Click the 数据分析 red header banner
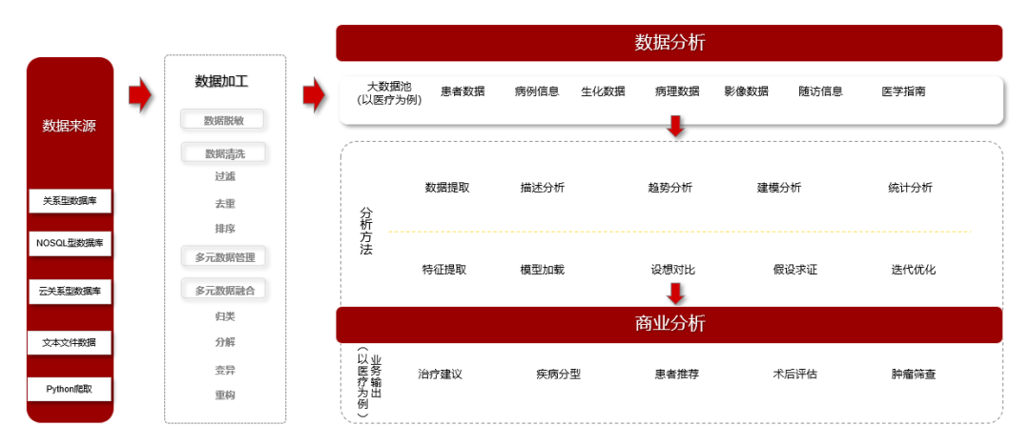[x=669, y=43]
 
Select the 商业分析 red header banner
[x=669, y=324]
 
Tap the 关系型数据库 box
[x=70, y=201]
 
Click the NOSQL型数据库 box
[x=70, y=243]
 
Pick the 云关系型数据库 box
[x=70, y=291]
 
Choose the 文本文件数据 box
[x=70, y=342]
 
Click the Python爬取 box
[x=70, y=389]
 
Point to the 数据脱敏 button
[x=222, y=121]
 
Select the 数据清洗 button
[x=222, y=153]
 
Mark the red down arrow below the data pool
[x=675, y=126]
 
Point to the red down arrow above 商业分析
[x=675, y=294]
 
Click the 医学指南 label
[x=903, y=91]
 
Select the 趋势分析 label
[x=669, y=188]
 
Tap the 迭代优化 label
[x=914, y=270]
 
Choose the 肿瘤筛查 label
[x=914, y=375]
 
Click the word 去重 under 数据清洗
[x=225, y=203]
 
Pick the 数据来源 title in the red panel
[x=70, y=126]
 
